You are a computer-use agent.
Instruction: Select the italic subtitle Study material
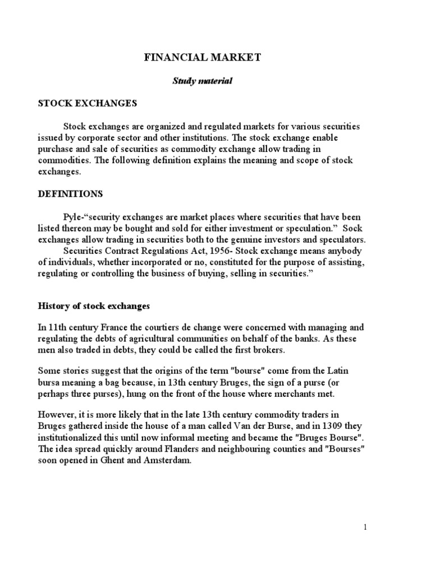coord(201,81)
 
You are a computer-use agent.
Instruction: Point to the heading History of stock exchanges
coord(94,307)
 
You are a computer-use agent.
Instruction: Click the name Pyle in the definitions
coord(72,216)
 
